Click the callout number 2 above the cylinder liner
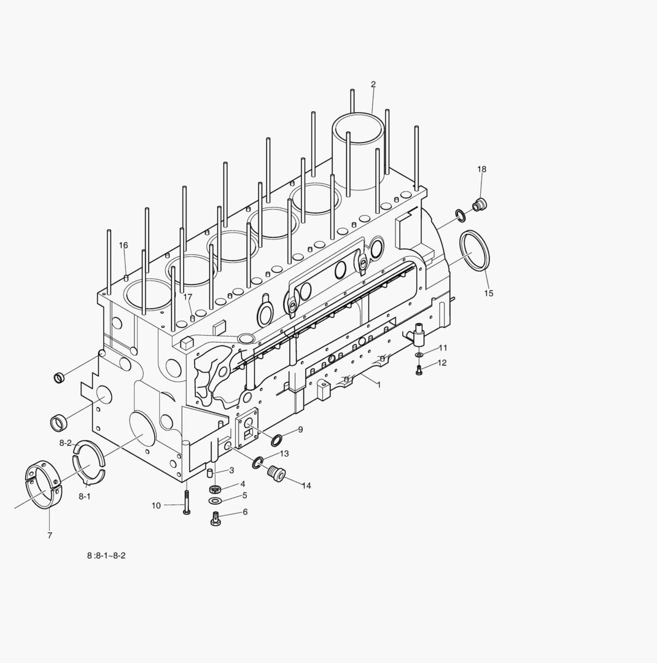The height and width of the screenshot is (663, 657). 373,85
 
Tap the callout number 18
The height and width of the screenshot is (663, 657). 482,169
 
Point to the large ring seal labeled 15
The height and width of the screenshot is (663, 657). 475,250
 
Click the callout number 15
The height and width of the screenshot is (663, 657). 488,293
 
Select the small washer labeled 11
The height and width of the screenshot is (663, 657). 419,355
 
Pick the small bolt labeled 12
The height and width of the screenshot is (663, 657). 419,370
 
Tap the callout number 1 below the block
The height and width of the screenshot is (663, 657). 379,385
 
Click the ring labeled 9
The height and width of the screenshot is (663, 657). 277,440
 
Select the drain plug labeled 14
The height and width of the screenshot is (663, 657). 277,474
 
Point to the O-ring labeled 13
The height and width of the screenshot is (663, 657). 257,462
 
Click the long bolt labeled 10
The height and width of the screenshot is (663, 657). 186,501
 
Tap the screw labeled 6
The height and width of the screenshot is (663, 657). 216,519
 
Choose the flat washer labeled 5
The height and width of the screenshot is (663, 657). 216,500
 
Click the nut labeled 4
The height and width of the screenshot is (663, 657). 216,489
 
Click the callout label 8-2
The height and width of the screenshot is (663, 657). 66,443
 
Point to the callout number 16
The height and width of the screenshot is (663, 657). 123,246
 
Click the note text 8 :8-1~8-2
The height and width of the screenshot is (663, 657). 106,556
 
